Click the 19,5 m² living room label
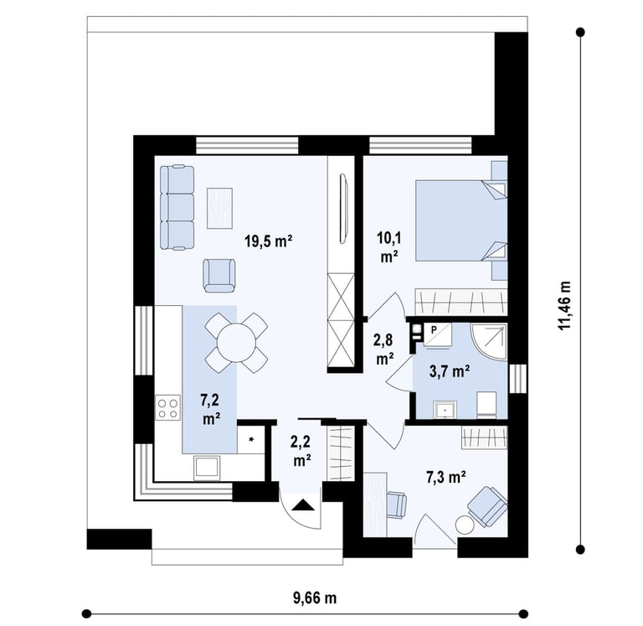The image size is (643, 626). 268,241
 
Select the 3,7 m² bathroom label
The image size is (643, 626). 450,371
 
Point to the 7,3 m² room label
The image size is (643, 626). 445,478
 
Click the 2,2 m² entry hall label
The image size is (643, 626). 301,451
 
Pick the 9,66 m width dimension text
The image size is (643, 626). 315,598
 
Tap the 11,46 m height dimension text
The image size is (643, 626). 563,305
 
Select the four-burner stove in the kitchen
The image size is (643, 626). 167,407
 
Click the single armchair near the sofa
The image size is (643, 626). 219,276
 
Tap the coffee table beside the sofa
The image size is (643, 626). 220,208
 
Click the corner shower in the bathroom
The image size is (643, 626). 489,342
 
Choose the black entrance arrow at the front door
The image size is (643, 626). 303,504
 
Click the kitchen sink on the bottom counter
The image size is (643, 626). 208,468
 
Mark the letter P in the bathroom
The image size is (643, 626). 434,329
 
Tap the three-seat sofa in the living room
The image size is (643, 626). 177,207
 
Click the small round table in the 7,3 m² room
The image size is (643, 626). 465,525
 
